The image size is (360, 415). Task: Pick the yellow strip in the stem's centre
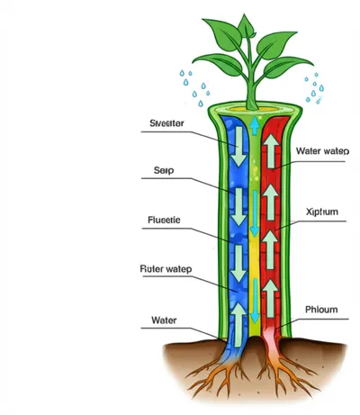pos(255,270)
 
